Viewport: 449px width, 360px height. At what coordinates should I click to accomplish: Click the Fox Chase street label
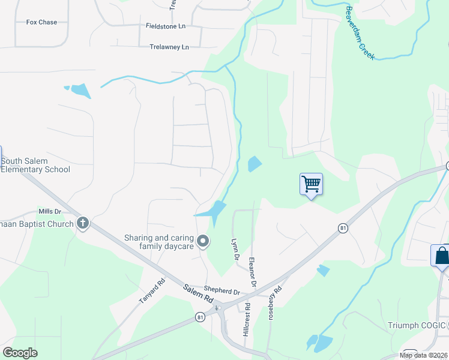(41, 22)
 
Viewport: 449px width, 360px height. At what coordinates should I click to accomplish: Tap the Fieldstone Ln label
(166, 26)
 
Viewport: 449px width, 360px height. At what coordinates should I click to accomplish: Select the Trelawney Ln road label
(169, 47)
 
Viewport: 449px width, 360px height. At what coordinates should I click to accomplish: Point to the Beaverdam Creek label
(360, 33)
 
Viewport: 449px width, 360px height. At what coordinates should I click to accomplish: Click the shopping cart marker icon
(311, 183)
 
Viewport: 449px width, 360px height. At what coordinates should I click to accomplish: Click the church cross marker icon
(83, 224)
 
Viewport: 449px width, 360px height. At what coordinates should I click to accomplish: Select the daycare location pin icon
(203, 242)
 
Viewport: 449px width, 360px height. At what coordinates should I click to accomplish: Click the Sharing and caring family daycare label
(159, 242)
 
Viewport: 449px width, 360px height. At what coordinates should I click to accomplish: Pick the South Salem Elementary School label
(35, 165)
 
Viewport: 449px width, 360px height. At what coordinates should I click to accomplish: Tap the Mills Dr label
(50, 211)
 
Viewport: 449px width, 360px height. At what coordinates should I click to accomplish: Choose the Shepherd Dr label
(221, 290)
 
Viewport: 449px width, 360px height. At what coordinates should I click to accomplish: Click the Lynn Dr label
(235, 248)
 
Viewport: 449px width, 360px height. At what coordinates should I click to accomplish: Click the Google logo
(20, 352)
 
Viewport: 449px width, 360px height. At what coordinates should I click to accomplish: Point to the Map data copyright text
(424, 355)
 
